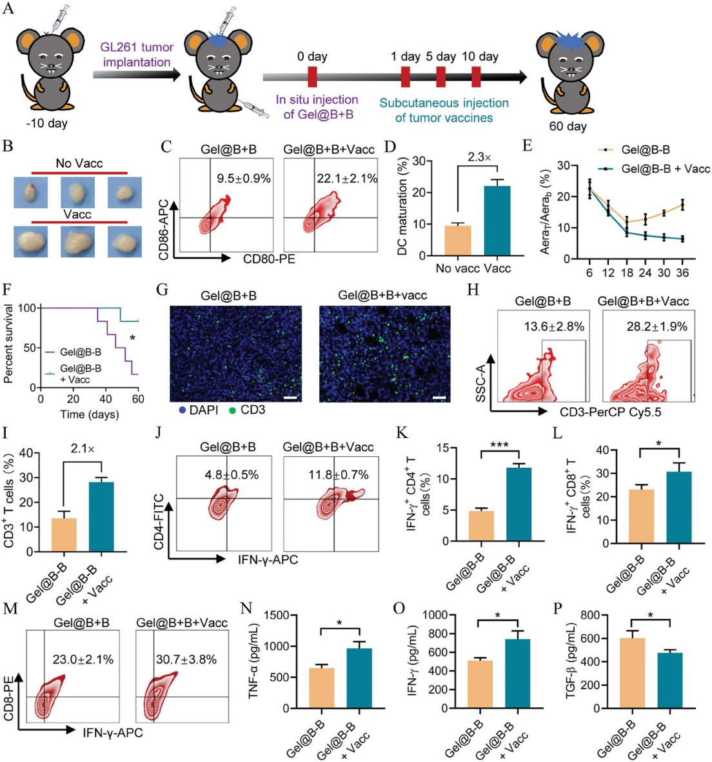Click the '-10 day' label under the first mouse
coord(46,123)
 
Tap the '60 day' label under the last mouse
coord(568,126)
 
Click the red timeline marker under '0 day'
coord(312,76)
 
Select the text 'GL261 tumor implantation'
coord(135,55)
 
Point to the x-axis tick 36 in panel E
coord(682,272)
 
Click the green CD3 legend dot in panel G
coord(233,410)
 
